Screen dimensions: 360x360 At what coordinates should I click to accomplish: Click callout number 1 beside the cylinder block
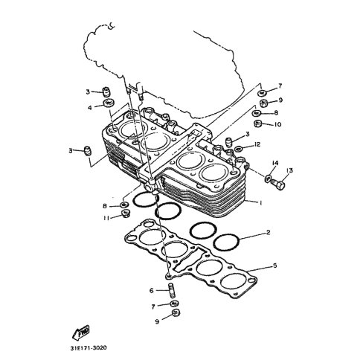(x=260, y=203)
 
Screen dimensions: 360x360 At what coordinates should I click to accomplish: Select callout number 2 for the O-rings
(x=268, y=233)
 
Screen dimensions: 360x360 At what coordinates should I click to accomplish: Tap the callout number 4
(x=90, y=108)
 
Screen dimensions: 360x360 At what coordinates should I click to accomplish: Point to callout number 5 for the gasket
(x=274, y=266)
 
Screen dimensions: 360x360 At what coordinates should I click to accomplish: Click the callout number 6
(x=152, y=290)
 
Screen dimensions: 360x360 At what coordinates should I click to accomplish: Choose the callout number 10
(x=277, y=124)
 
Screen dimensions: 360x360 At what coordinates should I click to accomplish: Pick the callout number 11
(x=106, y=218)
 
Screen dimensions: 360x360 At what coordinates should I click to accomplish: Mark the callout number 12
(x=257, y=144)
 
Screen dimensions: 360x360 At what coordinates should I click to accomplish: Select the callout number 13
(x=289, y=170)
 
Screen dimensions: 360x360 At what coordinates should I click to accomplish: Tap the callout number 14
(x=275, y=163)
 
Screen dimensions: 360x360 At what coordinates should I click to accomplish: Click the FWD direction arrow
(x=81, y=332)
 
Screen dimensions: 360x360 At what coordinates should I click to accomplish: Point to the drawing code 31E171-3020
(x=87, y=348)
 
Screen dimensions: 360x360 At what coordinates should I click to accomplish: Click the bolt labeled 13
(x=277, y=184)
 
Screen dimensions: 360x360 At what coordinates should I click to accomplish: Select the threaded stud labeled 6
(x=172, y=290)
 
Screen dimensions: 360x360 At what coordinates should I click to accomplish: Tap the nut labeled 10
(x=259, y=123)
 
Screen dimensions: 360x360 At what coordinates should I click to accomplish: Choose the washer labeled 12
(x=239, y=149)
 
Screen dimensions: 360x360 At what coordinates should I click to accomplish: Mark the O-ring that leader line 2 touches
(x=226, y=242)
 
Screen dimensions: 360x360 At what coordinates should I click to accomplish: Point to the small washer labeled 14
(x=268, y=178)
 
